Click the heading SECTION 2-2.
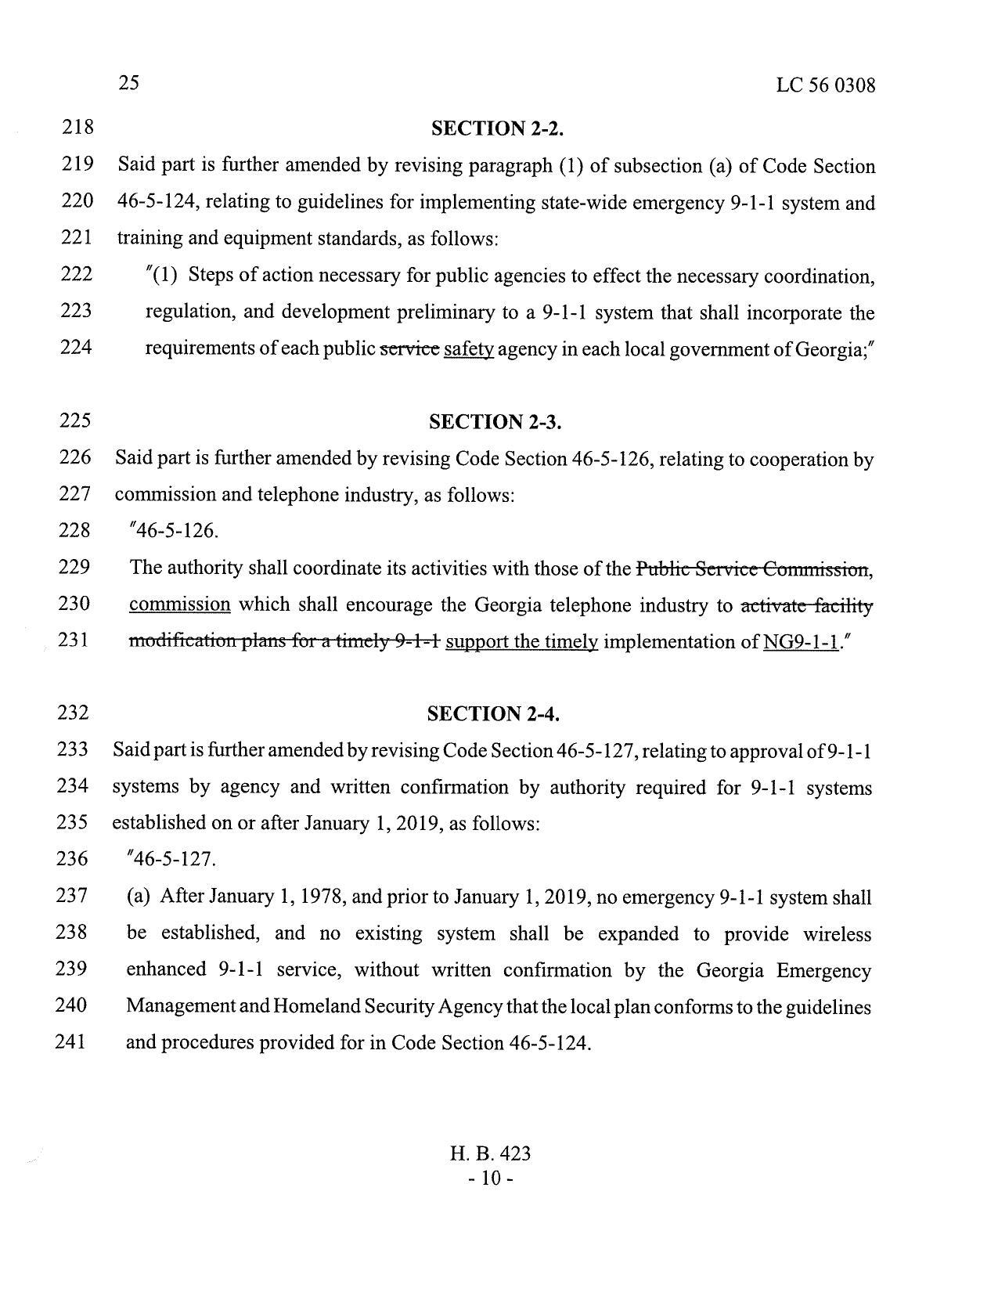[x=497, y=129]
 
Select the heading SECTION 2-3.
[x=496, y=422]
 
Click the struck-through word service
[x=409, y=349]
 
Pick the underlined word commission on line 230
[x=179, y=605]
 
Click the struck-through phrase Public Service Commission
[x=752, y=569]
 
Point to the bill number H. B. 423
[x=491, y=1153]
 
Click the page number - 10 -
[x=492, y=1178]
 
